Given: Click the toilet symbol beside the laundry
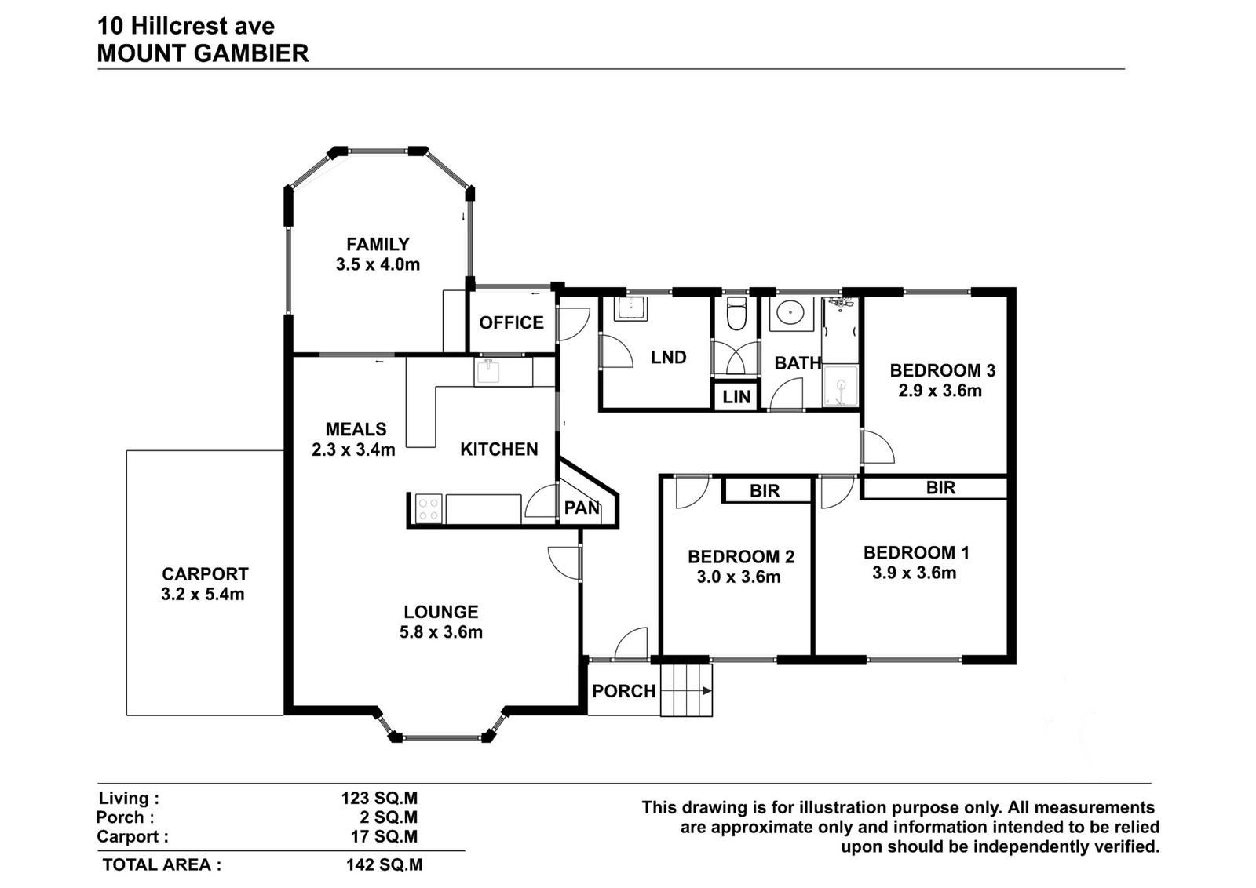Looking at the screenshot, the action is click(x=736, y=314).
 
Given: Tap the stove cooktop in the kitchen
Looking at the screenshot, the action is click(x=429, y=508).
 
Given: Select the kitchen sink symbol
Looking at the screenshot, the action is click(x=489, y=372).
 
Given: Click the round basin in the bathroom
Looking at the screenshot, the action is click(x=791, y=313).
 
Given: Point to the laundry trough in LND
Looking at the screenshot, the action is click(x=631, y=308).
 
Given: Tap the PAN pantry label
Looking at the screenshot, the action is click(x=582, y=508).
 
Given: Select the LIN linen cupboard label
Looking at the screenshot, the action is click(x=736, y=397).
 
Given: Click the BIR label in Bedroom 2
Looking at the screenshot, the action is click(x=765, y=491).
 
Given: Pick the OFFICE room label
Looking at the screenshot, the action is click(x=511, y=322).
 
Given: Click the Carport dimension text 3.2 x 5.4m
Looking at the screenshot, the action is click(x=203, y=594).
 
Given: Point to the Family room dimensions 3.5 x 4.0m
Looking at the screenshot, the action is click(x=378, y=264).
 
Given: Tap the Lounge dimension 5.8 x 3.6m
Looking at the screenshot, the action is click(x=441, y=632).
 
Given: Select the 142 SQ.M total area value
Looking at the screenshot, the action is click(x=385, y=864).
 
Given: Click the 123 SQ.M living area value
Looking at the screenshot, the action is click(x=380, y=798).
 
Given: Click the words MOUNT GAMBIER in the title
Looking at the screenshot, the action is click(x=203, y=54).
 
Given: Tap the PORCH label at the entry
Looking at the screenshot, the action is click(x=624, y=691).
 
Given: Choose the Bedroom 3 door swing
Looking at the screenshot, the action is click(x=878, y=446).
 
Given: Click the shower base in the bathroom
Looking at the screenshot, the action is click(x=840, y=386).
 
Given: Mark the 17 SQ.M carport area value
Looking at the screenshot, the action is click(x=385, y=836).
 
